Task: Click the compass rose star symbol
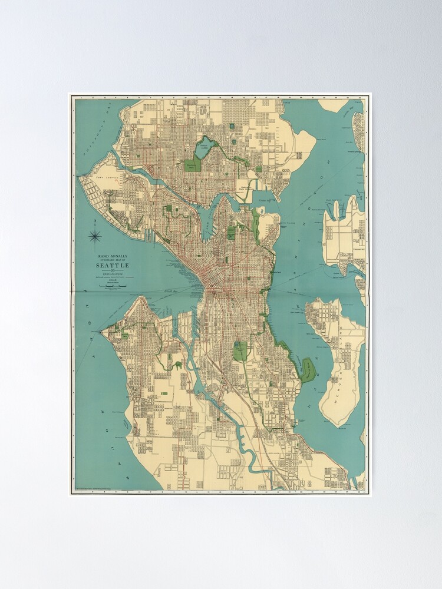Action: click(x=95, y=237)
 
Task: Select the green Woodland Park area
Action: click(x=193, y=164)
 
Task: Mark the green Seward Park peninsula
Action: click(x=308, y=370)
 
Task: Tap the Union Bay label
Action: click(x=267, y=200)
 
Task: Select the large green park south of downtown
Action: click(x=240, y=352)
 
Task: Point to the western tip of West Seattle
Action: click(x=103, y=333)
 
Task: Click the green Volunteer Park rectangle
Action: click(x=232, y=233)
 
